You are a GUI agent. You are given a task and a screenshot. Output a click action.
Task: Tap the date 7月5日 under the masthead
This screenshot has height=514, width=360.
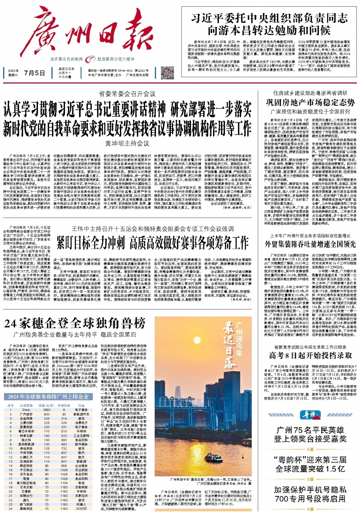[34, 73]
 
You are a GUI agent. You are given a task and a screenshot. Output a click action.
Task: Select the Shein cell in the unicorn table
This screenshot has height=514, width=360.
[26, 410]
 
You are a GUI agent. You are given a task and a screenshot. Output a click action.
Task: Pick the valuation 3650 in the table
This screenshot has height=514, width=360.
[47, 410]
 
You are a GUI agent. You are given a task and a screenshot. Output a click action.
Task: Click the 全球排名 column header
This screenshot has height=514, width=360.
[64, 405]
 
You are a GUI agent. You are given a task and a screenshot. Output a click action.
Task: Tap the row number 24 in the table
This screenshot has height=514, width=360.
[11, 508]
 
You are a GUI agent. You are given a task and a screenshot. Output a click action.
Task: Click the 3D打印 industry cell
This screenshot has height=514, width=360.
[82, 508]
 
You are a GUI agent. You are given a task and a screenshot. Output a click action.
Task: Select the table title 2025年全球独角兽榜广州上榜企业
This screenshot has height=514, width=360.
[48, 397]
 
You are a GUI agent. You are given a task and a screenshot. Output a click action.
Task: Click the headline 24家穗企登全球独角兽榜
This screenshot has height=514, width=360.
[75, 323]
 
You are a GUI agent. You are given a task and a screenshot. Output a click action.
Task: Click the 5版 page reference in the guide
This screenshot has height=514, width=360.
[310, 449]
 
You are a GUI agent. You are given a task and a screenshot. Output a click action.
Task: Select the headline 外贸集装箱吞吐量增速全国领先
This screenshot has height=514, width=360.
[310, 244]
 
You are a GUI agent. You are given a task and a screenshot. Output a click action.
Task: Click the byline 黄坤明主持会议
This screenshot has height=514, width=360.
[127, 143]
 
